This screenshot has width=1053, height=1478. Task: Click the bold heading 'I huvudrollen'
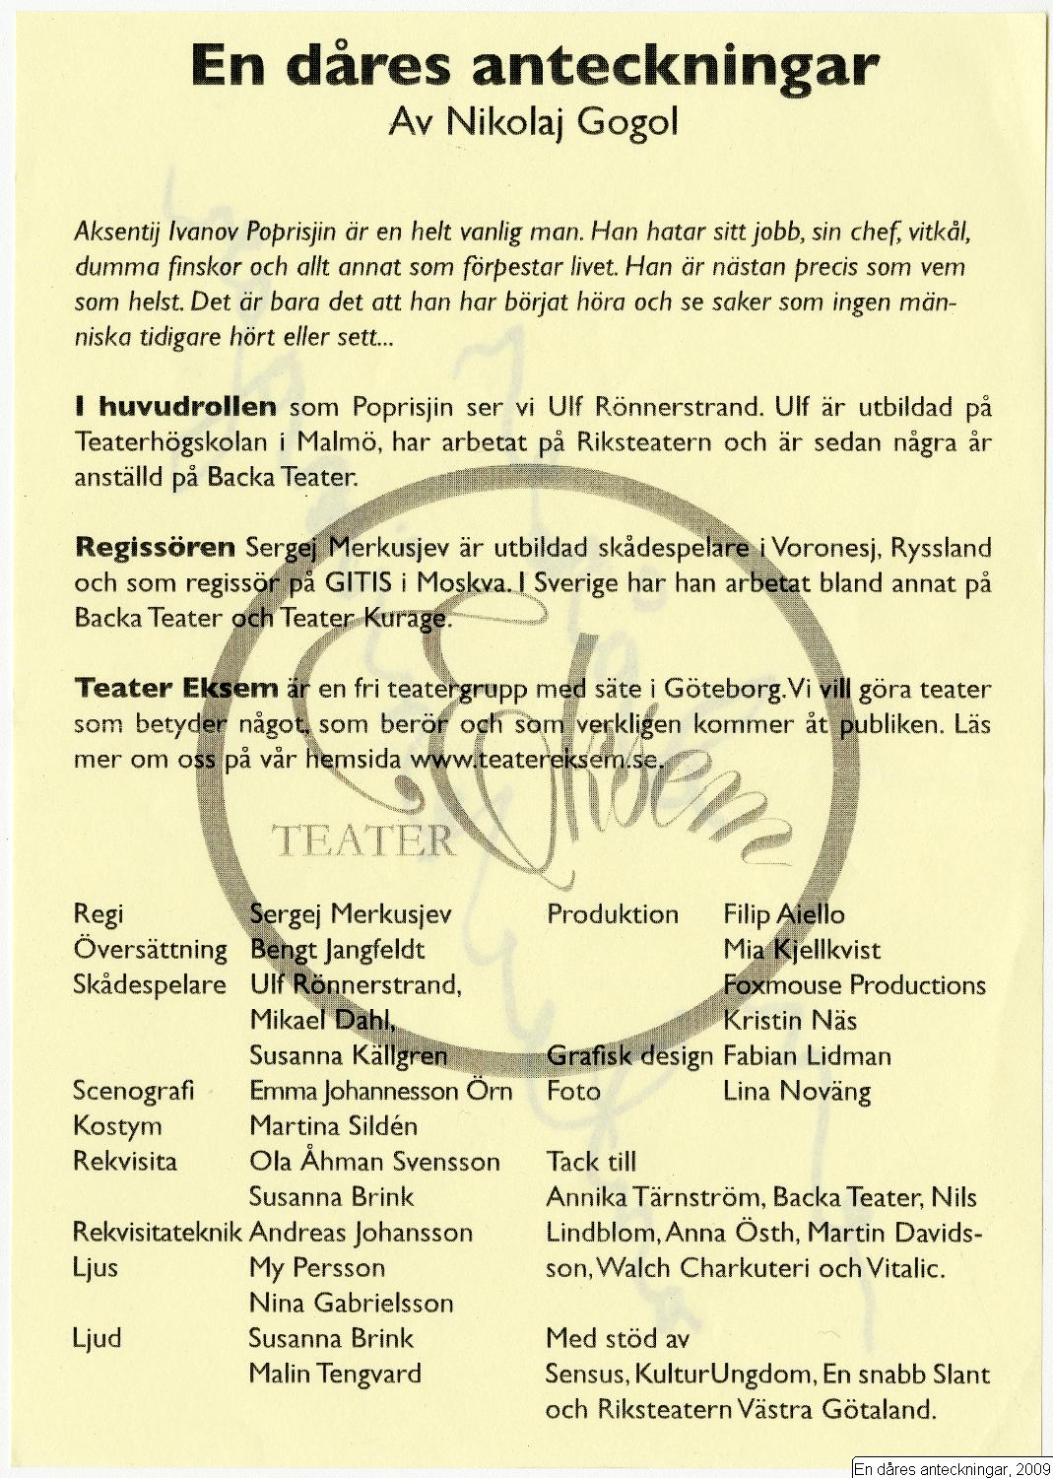(174, 407)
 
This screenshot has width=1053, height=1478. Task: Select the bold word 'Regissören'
(155, 547)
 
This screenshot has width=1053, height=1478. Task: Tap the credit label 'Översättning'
(150, 950)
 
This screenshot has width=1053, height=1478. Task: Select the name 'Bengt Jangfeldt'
(337, 950)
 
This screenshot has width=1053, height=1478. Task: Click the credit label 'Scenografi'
(133, 1091)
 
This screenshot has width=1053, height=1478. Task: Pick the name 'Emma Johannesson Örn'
(381, 1091)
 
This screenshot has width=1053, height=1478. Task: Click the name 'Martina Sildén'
(333, 1126)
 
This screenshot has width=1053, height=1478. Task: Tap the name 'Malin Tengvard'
(335, 1374)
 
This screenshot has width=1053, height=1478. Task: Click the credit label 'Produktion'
(613, 914)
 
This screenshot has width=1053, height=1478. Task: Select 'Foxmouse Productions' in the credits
(854, 985)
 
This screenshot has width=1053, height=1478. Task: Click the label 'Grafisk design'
(629, 1056)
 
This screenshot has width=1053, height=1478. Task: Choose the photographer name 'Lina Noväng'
(797, 1092)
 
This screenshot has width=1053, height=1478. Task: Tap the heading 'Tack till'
(591, 1162)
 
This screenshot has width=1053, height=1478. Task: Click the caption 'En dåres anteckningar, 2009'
(952, 1469)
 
